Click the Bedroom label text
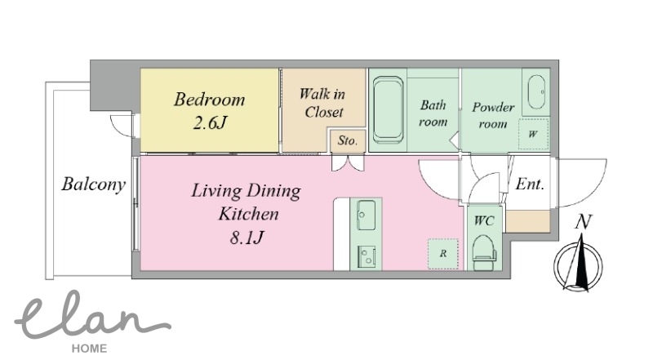(210, 100)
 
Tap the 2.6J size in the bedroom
(210, 123)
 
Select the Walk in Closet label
(322, 103)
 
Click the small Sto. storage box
(348, 141)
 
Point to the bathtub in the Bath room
(388, 109)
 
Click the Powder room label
(493, 115)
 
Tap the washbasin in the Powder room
(536, 91)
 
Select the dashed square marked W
(533, 134)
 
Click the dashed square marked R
(443, 253)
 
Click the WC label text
(484, 220)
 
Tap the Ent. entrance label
(530, 184)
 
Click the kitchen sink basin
(366, 215)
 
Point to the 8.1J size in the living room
(247, 238)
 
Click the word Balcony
(93, 184)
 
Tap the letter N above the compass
(583, 222)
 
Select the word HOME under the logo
(89, 349)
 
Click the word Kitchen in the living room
(249, 214)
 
